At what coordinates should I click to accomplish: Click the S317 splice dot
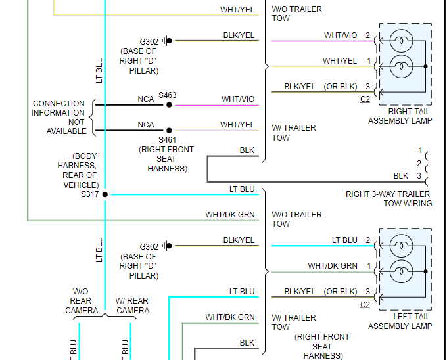point(105,194)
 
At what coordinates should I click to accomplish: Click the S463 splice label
point(168,95)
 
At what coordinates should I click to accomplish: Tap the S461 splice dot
point(169,131)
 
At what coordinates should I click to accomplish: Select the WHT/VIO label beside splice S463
point(238,99)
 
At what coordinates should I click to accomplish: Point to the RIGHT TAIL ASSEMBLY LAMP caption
point(400,116)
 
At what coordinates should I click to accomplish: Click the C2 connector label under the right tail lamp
point(365,99)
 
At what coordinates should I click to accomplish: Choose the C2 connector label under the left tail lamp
point(365,305)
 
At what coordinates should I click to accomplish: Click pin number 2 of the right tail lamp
point(368,35)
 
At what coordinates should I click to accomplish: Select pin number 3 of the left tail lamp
point(368,292)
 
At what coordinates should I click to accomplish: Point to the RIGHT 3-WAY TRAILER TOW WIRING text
point(388,198)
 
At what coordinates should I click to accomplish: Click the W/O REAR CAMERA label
point(82,301)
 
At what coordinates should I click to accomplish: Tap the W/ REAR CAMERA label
point(133,305)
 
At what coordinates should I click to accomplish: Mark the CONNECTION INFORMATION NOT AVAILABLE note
point(59,117)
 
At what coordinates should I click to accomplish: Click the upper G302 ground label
point(149,41)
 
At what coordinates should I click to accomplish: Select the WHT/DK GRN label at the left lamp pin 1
point(333,266)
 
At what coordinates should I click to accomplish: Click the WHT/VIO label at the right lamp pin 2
point(341,35)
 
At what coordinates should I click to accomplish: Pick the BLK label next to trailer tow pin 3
point(401,176)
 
